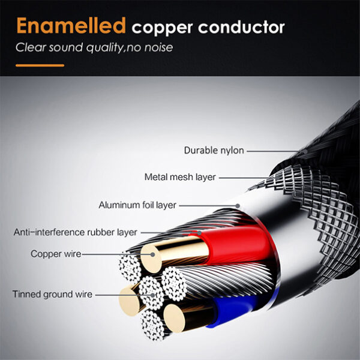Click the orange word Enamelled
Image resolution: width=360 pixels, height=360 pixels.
point(71,25)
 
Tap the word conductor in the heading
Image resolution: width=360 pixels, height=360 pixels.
point(241,28)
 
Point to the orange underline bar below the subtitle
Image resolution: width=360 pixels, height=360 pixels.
point(40,65)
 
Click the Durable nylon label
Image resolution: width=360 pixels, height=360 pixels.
point(214,151)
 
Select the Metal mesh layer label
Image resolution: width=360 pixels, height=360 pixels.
point(180,177)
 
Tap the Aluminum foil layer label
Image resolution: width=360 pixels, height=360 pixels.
point(137,205)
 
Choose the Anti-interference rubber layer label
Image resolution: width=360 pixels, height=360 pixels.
point(76,232)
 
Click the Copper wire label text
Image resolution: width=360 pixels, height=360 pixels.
point(56,254)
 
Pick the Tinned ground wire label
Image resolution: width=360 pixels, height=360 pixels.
point(52,295)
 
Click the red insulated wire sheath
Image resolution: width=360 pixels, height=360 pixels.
point(234,245)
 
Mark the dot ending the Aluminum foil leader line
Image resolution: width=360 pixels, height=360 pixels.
point(238,206)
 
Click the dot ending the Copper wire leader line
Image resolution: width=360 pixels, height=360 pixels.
point(152,254)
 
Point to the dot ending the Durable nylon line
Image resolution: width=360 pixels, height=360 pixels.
point(305,152)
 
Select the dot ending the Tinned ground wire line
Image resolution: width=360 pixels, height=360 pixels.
point(152,295)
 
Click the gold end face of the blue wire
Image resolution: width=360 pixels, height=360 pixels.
point(174,318)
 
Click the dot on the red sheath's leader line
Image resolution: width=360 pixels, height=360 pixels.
point(199,233)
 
